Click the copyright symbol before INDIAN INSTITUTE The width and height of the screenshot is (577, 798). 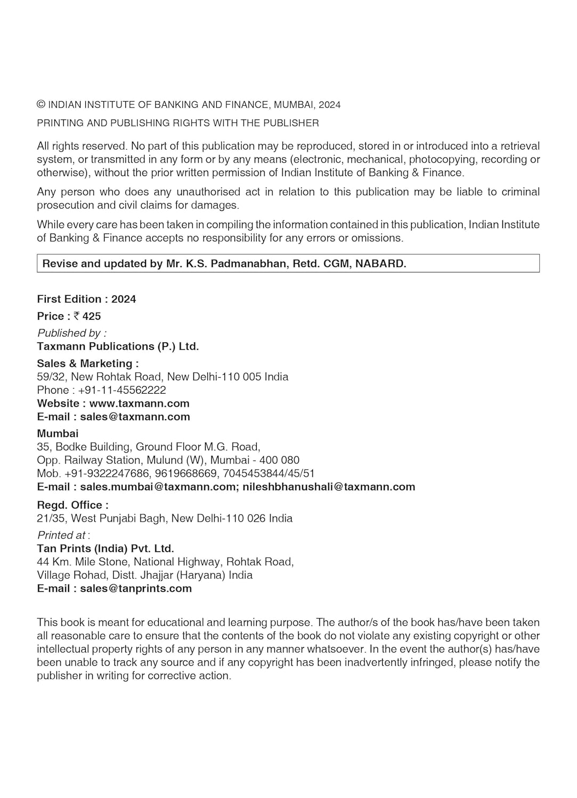[x=42, y=105]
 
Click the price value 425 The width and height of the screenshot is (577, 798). [x=92, y=317]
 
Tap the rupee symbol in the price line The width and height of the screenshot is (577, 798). [x=77, y=317]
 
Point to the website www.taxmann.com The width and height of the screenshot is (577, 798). [x=140, y=404]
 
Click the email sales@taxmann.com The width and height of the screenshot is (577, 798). [x=135, y=417]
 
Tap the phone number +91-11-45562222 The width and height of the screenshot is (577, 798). [x=122, y=390]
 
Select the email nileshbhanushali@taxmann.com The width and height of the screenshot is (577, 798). [x=329, y=487]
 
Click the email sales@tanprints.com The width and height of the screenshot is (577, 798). [x=136, y=589]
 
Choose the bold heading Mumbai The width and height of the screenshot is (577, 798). [x=58, y=434]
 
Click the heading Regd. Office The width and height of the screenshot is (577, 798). [x=72, y=505]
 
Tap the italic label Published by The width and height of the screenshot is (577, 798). [x=71, y=334]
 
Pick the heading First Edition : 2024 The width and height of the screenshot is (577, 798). [x=86, y=300]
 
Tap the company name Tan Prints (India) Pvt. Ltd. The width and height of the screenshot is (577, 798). [x=105, y=549]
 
